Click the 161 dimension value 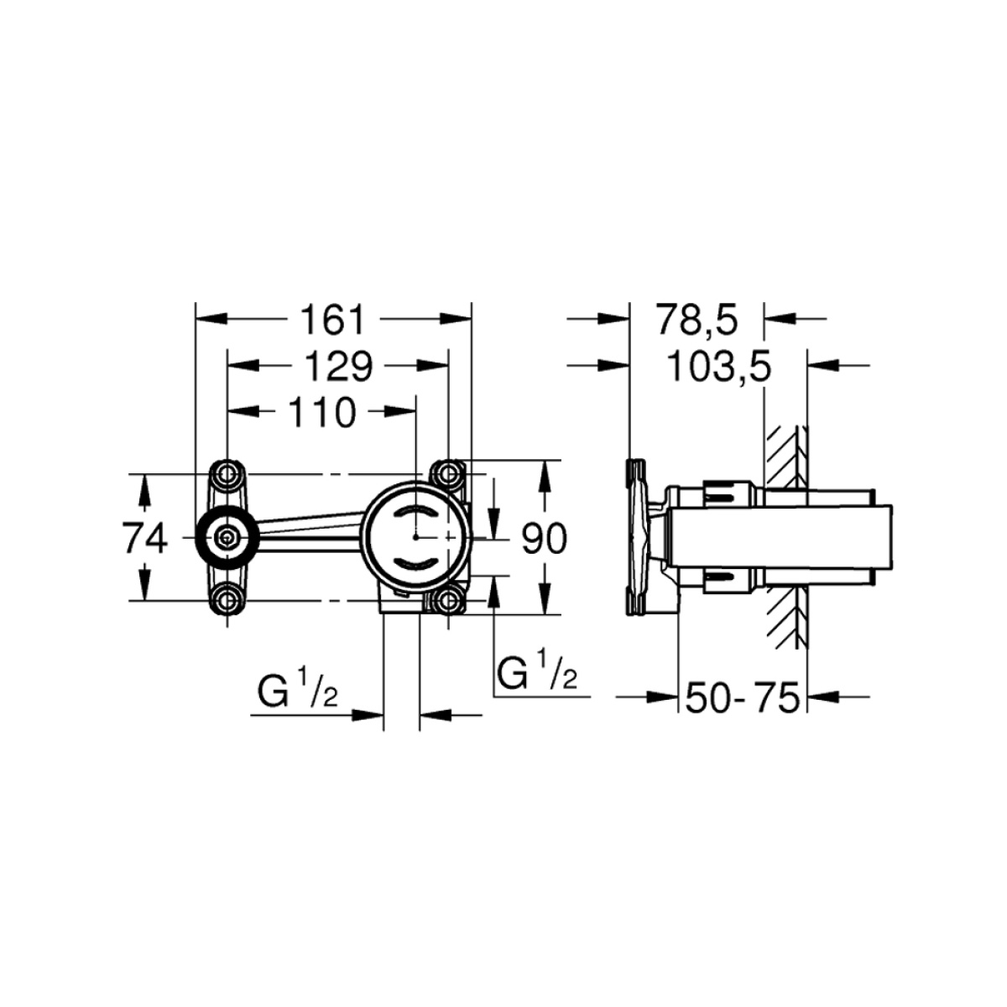click(x=332, y=321)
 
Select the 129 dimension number click(x=339, y=367)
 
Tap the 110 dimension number click(x=322, y=412)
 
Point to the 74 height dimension click(x=145, y=538)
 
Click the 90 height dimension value click(x=544, y=539)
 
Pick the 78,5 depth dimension click(x=697, y=321)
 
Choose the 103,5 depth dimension click(x=719, y=367)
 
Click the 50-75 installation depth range click(x=742, y=697)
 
